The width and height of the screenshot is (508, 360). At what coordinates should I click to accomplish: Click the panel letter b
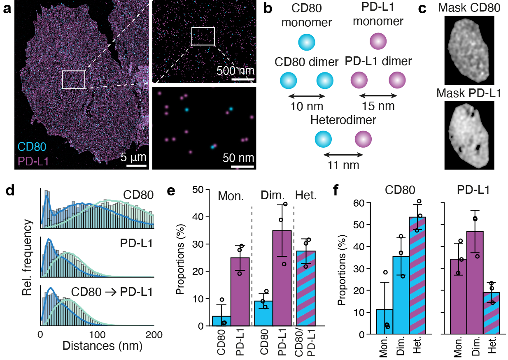pyautogui.click(x=268, y=9)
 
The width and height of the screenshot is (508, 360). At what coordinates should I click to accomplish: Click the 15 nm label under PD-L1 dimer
pyautogui.click(x=378, y=106)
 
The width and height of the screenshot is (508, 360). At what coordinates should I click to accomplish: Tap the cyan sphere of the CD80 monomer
pyautogui.click(x=306, y=42)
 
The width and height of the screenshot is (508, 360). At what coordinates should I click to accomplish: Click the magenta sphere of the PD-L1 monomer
pyautogui.click(x=378, y=42)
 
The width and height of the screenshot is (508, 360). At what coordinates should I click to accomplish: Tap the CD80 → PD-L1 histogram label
pyautogui.click(x=112, y=293)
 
